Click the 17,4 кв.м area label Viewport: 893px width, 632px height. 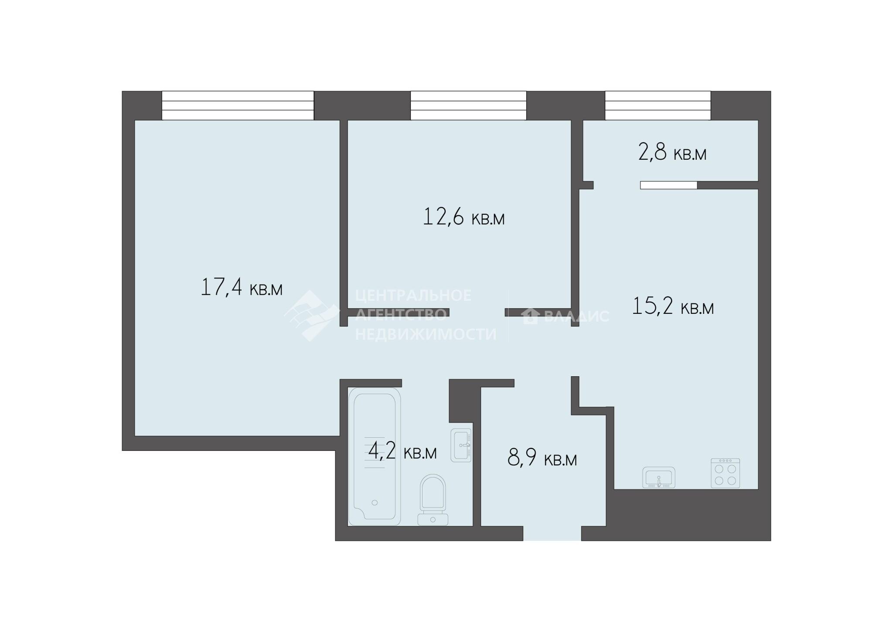[x=242, y=288]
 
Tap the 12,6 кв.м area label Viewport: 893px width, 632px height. [x=464, y=217]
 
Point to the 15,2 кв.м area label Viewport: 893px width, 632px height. [x=673, y=306]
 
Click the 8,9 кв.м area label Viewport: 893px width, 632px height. [x=542, y=459]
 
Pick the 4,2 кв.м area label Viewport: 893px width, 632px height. [x=402, y=451]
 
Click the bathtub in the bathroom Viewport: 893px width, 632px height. [x=375, y=456]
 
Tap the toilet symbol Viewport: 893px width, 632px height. [x=433, y=500]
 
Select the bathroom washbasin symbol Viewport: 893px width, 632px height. [x=461, y=445]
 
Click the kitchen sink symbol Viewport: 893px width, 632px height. [x=659, y=477]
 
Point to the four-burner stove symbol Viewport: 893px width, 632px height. [x=726, y=473]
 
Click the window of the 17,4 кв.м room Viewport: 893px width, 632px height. [x=238, y=105]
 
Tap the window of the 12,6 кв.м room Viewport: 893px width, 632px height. [x=468, y=105]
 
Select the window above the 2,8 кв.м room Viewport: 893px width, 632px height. [x=658, y=105]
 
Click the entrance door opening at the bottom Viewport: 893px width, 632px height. [x=552, y=533]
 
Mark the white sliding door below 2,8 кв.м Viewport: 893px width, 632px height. [x=669, y=185]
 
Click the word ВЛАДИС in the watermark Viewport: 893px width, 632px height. [x=576, y=316]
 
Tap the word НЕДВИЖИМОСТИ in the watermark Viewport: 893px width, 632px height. [x=426, y=334]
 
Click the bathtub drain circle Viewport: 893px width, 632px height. [x=375, y=502]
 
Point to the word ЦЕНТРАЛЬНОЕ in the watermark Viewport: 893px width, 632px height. [x=413, y=295]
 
